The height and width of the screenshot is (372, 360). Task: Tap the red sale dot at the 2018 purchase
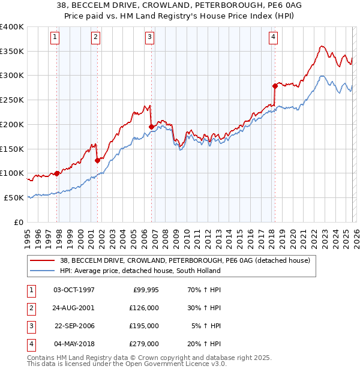pyautogui.click(x=275, y=86)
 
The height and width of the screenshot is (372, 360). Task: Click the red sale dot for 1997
pyautogui.click(x=57, y=173)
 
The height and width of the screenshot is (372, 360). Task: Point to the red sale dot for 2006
pyautogui.click(x=151, y=127)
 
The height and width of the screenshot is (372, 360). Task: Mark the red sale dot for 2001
pyautogui.click(x=98, y=160)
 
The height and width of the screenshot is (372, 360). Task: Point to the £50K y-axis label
pyautogui.click(x=14, y=197)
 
